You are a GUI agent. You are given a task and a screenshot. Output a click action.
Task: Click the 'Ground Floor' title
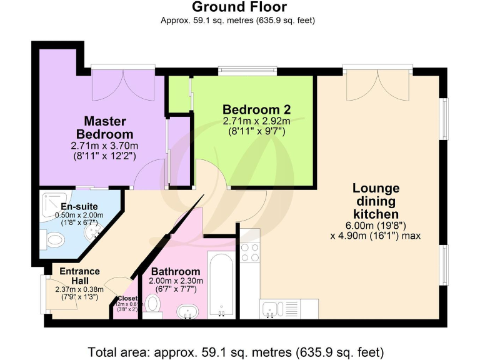click(239, 7)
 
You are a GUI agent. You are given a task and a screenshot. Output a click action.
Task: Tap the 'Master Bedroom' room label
click(104, 127)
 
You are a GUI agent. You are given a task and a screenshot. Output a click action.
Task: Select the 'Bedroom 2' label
click(256, 109)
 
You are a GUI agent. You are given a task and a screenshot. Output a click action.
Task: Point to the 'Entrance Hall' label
click(79, 276)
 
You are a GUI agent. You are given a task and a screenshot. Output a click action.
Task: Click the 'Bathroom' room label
click(176, 272)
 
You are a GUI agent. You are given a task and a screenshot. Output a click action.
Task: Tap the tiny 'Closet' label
click(127, 299)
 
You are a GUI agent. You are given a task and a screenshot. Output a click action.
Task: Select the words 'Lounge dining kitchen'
click(376, 202)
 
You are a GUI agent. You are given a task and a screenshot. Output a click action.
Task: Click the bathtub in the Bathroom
click(221, 285)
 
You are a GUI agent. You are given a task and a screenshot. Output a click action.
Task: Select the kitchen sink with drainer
click(282, 308)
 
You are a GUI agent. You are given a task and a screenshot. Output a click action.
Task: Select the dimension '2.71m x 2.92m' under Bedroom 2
click(256, 121)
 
